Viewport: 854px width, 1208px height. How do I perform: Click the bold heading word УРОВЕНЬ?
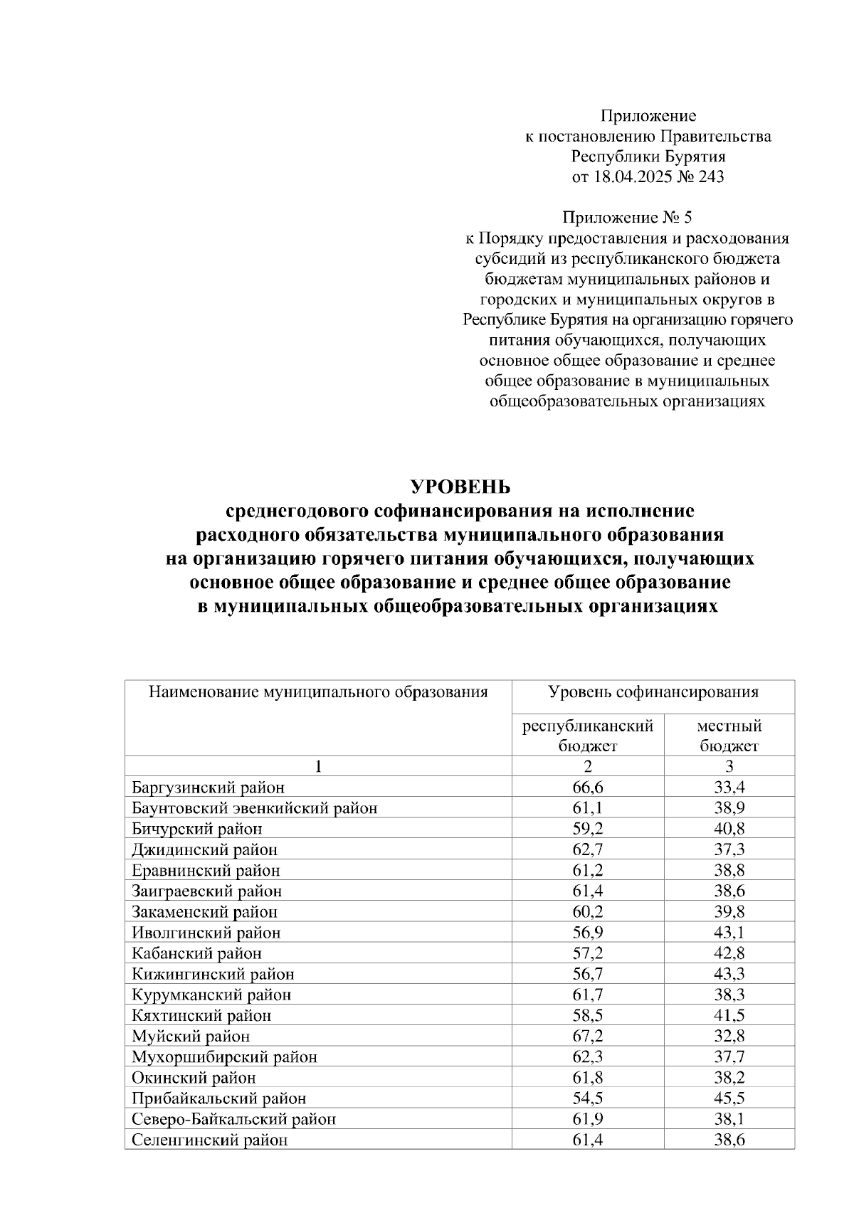coord(460,487)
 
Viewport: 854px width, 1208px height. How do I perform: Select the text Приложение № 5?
coord(626,218)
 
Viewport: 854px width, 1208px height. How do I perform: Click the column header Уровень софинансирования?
coord(653,692)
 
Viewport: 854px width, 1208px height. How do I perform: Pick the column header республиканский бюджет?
coord(587,736)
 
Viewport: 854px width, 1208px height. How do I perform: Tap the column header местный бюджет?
coord(729,736)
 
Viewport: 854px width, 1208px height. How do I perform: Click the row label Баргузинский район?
coord(208,788)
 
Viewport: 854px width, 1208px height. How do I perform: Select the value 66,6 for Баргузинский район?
coord(587,788)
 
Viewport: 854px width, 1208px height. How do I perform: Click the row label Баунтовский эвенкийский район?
coord(254,808)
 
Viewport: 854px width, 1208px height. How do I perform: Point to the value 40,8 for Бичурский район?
coord(729,829)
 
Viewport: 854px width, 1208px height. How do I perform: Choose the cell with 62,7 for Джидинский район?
coord(587,849)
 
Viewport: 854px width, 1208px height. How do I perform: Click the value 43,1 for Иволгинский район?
coord(729,932)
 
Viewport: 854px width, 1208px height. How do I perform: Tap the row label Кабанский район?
coord(196,953)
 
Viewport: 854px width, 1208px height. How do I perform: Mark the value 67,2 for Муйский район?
coord(587,1036)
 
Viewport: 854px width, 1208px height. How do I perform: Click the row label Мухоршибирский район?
coord(224,1056)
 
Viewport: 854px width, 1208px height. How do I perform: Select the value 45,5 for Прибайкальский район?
coord(729,1098)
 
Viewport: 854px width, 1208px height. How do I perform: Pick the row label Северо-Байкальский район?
coord(233,1118)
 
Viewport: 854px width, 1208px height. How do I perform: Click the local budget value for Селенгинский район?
coord(729,1140)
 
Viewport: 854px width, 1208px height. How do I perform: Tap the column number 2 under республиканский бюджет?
coord(587,766)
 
